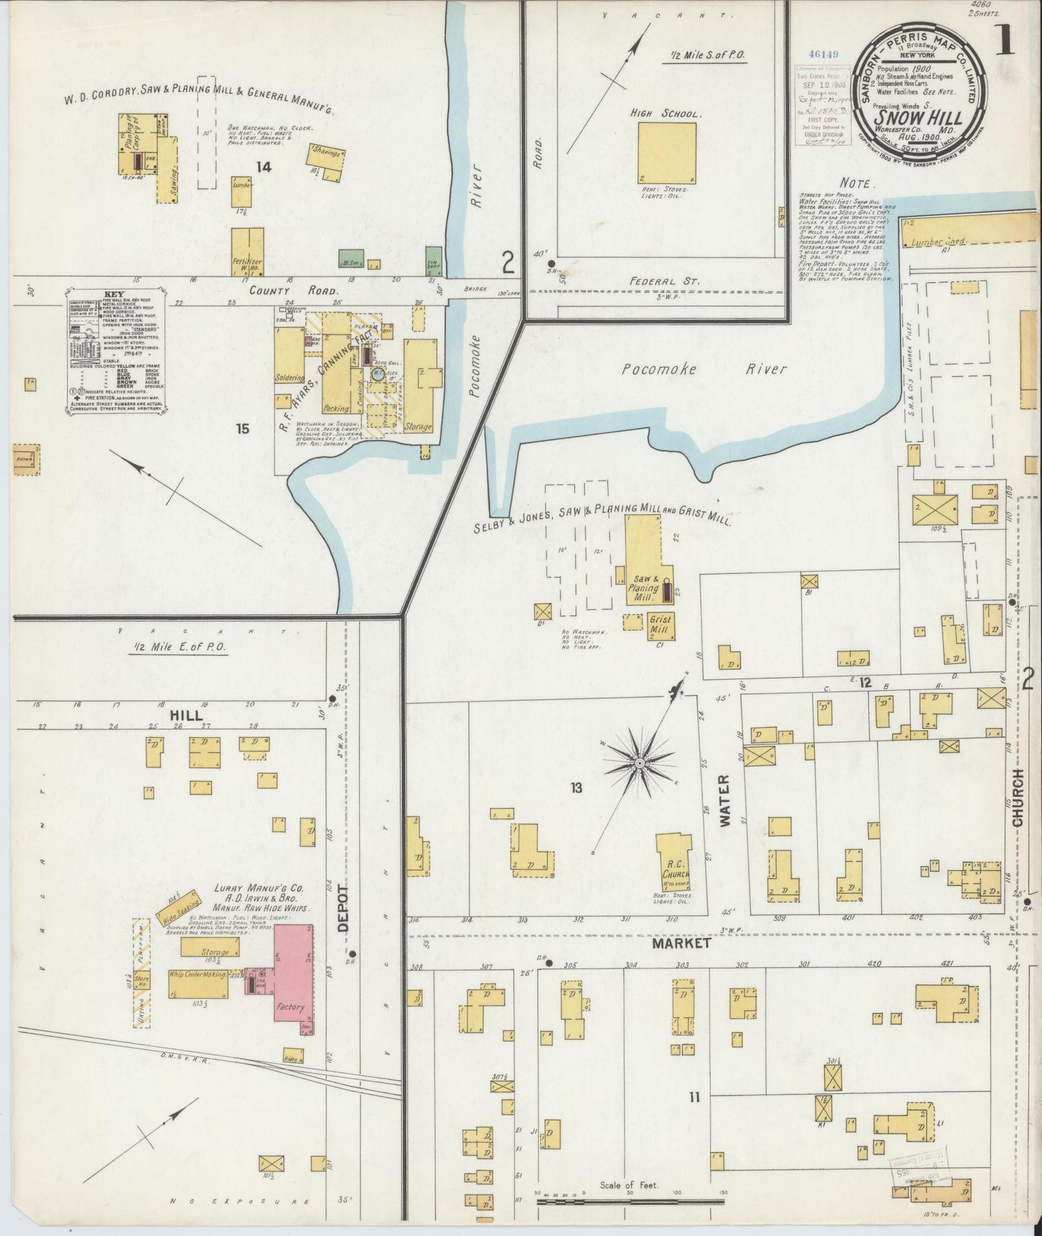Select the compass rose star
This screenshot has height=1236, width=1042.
pos(639,762)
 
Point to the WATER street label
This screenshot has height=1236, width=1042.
pos(725,800)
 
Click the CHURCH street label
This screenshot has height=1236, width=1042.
pos(1017,797)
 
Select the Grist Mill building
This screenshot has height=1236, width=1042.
pos(660,624)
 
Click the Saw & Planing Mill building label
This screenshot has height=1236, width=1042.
pos(644,588)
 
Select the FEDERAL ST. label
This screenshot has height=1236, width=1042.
pos(673,281)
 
